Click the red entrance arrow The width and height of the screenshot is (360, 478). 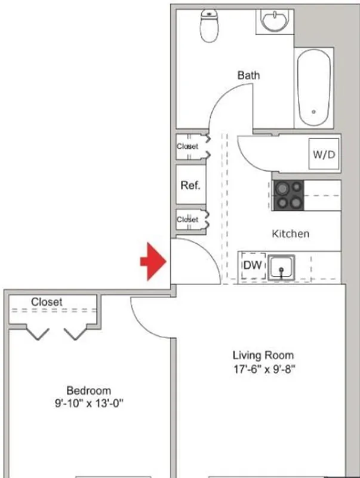pyautogui.click(x=153, y=261)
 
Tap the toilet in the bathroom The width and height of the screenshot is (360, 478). pyautogui.click(x=209, y=26)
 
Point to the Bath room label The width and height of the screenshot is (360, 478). pyautogui.click(x=248, y=75)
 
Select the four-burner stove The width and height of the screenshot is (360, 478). pyautogui.click(x=289, y=195)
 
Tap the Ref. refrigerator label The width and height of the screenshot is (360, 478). pyautogui.click(x=190, y=185)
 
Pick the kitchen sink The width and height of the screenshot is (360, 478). pyautogui.click(x=281, y=267)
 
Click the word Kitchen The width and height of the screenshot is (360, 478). pyautogui.click(x=290, y=234)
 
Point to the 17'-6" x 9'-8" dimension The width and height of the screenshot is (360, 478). pyautogui.click(x=263, y=369)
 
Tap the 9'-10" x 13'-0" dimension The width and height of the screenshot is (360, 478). pyautogui.click(x=88, y=403)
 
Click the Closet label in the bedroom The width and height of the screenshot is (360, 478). pyautogui.click(x=47, y=302)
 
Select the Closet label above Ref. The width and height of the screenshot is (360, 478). pyautogui.click(x=187, y=146)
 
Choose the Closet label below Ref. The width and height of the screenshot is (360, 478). pyautogui.click(x=187, y=220)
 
